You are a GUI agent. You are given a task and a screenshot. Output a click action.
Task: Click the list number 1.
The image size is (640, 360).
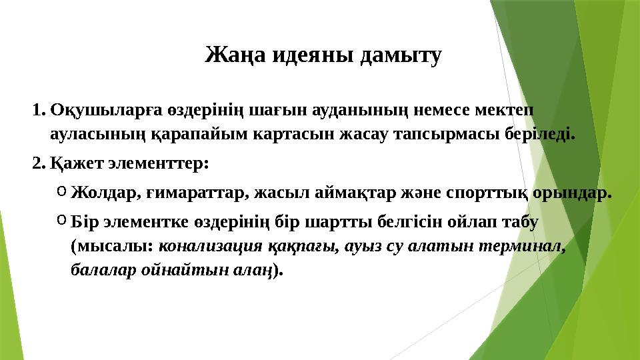[37, 109]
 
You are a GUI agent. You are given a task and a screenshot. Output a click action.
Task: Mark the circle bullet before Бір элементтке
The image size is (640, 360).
[61, 218]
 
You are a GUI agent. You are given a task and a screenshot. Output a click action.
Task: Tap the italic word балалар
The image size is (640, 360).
[98, 271]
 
